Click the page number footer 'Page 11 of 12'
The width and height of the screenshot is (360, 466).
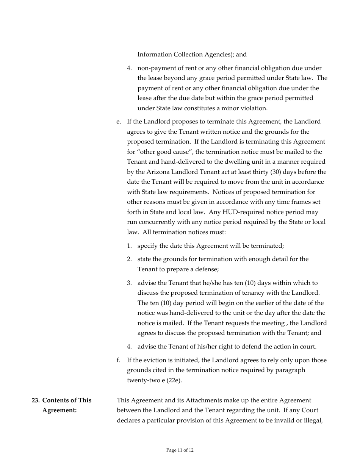click(x=180, y=450)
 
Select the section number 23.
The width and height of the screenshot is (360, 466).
click(x=35, y=400)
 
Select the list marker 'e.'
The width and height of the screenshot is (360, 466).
click(x=119, y=122)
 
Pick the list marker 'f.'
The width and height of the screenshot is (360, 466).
click(x=118, y=360)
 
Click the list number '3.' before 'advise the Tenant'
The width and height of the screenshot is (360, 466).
click(x=129, y=283)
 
